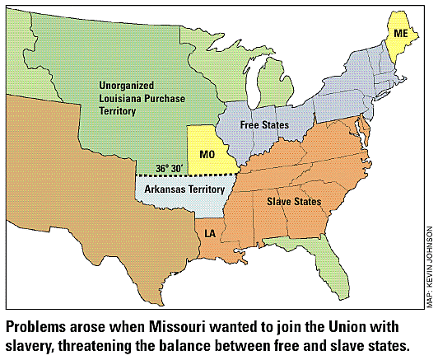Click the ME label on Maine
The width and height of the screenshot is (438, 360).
point(401,33)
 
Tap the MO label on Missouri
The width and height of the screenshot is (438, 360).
point(209,153)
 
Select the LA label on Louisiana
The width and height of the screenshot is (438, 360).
point(210,235)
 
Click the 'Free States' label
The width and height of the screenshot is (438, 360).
point(263,125)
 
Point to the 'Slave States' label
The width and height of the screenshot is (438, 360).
point(293,201)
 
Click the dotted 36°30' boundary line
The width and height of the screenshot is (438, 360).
point(189,175)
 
